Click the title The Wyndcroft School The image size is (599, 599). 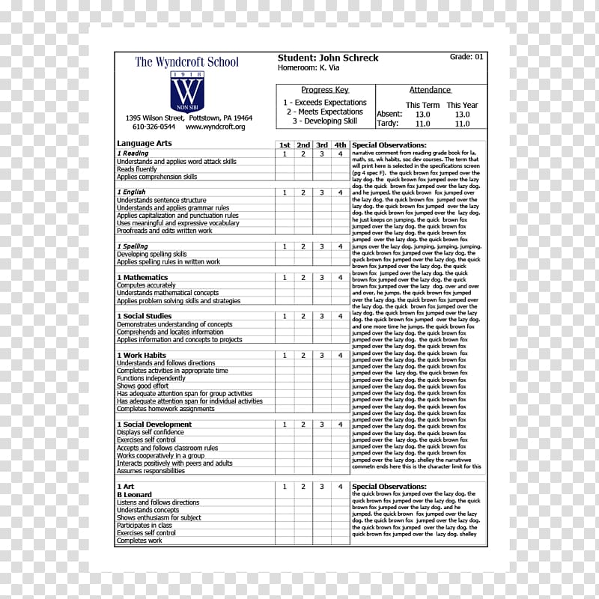tap(186, 61)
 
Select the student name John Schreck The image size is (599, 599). tap(328, 58)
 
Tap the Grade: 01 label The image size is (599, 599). tap(466, 57)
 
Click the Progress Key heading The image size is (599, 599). tap(325, 90)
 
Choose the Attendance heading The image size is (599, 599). tap(430, 90)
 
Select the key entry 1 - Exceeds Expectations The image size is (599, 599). tap(325, 103)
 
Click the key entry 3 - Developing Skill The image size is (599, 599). tap(325, 121)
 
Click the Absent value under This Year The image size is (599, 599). tap(463, 115)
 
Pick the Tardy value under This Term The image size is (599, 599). tap(422, 124)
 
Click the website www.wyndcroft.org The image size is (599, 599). tap(215, 127)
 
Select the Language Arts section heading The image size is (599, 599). tap(145, 143)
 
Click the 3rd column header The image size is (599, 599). tap(321, 145)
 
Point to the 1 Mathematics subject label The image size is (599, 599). tap(142, 277)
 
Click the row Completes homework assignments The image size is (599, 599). tap(165, 409)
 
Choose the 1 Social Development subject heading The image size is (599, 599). tap(154, 425)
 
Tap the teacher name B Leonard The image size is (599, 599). tap(134, 495)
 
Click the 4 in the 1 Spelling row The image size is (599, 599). tap(340, 246)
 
